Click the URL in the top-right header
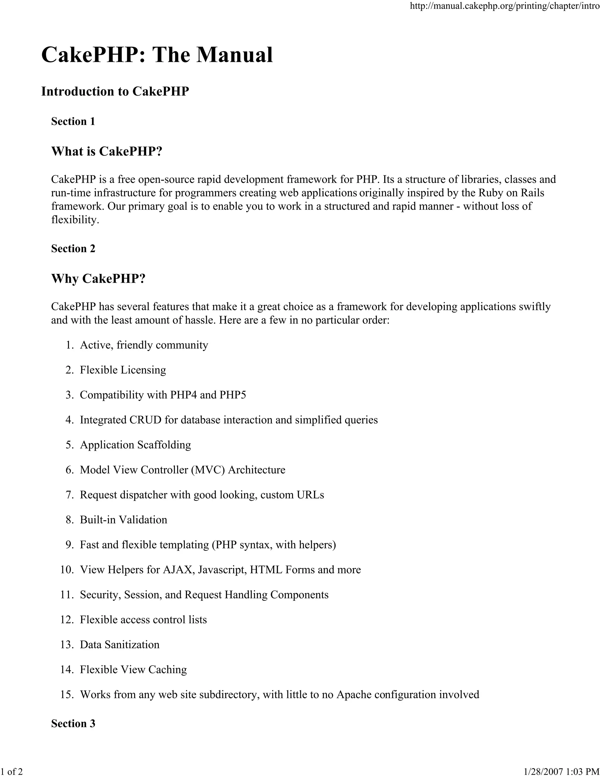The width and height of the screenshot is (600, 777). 505,6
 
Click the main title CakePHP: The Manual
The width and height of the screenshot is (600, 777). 157,55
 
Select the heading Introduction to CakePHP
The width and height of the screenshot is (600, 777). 115,91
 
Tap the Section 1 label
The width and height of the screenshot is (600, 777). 73,121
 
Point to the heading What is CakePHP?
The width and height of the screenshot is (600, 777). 107,151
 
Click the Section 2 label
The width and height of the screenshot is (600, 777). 73,248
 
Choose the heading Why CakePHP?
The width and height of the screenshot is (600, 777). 98,279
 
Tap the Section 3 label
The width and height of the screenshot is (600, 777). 73,723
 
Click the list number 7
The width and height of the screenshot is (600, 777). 69,495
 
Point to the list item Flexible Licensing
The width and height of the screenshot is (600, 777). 123,370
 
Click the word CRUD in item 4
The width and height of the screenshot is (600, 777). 145,420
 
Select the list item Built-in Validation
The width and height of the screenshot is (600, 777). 123,520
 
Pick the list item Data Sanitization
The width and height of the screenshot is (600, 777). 120,645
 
